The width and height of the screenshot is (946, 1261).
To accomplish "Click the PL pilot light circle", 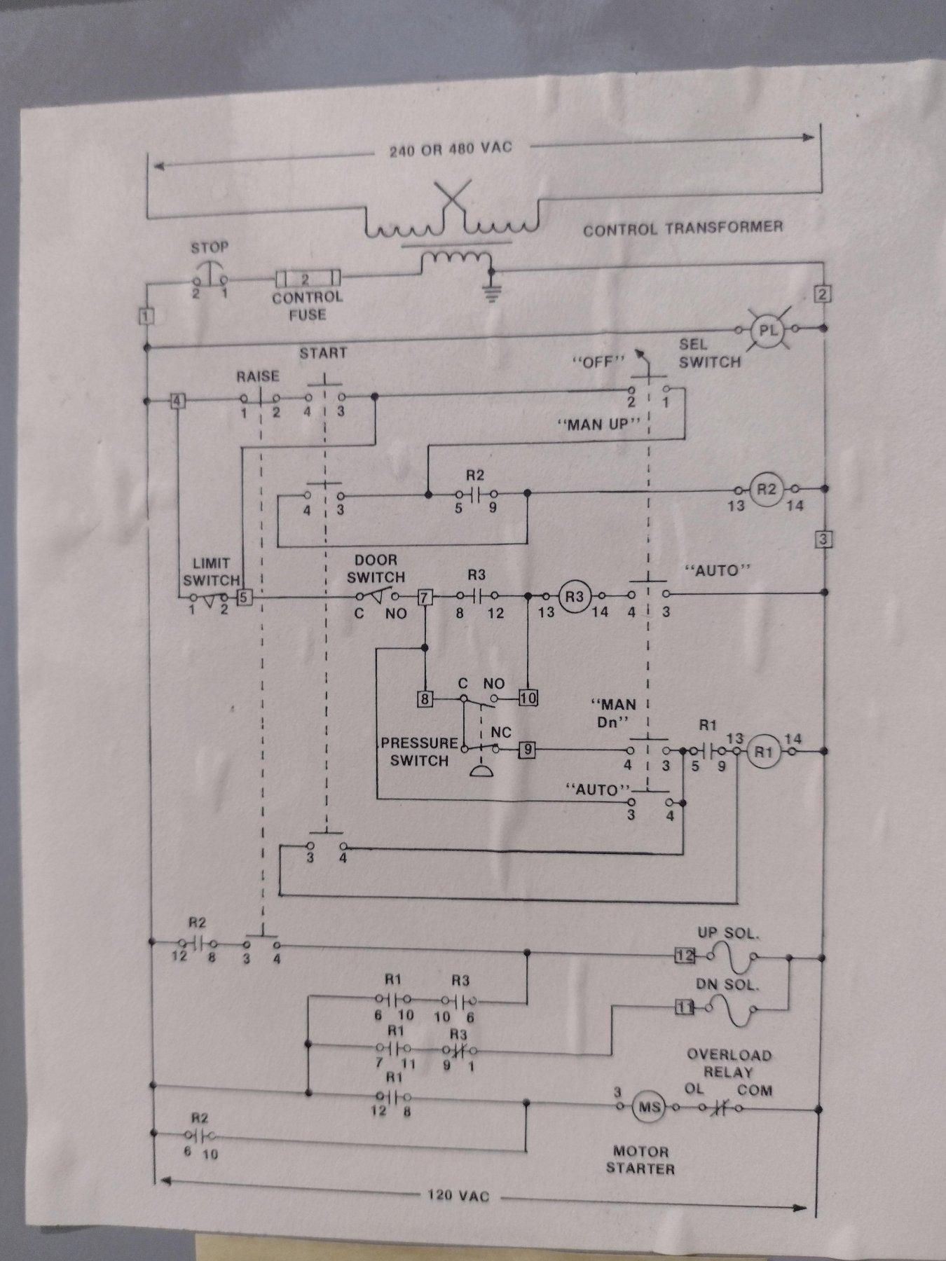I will pyautogui.click(x=768, y=329).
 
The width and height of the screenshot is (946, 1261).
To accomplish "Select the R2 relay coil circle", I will pyautogui.click(x=766, y=489).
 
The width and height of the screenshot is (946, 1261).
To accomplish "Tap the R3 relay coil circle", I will pyautogui.click(x=574, y=596).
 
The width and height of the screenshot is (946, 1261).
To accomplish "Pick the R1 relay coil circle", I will pyautogui.click(x=762, y=752).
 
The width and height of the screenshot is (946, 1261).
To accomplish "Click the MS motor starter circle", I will pyautogui.click(x=647, y=1107).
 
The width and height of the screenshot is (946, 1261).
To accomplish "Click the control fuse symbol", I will pyautogui.click(x=308, y=279).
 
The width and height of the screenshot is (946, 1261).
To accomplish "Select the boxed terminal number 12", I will pyautogui.click(x=685, y=956).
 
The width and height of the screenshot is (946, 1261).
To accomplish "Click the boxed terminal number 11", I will pyautogui.click(x=684, y=1007).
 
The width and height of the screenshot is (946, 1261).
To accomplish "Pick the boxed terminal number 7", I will pyautogui.click(x=425, y=597).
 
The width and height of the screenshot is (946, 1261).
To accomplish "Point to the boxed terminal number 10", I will pyautogui.click(x=528, y=698).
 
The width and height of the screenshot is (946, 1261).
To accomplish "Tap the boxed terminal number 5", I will pyautogui.click(x=244, y=598).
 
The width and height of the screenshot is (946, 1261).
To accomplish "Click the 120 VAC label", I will pyautogui.click(x=458, y=1194).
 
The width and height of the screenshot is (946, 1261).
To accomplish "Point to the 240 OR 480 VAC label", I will pyautogui.click(x=451, y=149).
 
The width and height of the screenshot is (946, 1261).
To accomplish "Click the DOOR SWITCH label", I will pyautogui.click(x=376, y=568).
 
